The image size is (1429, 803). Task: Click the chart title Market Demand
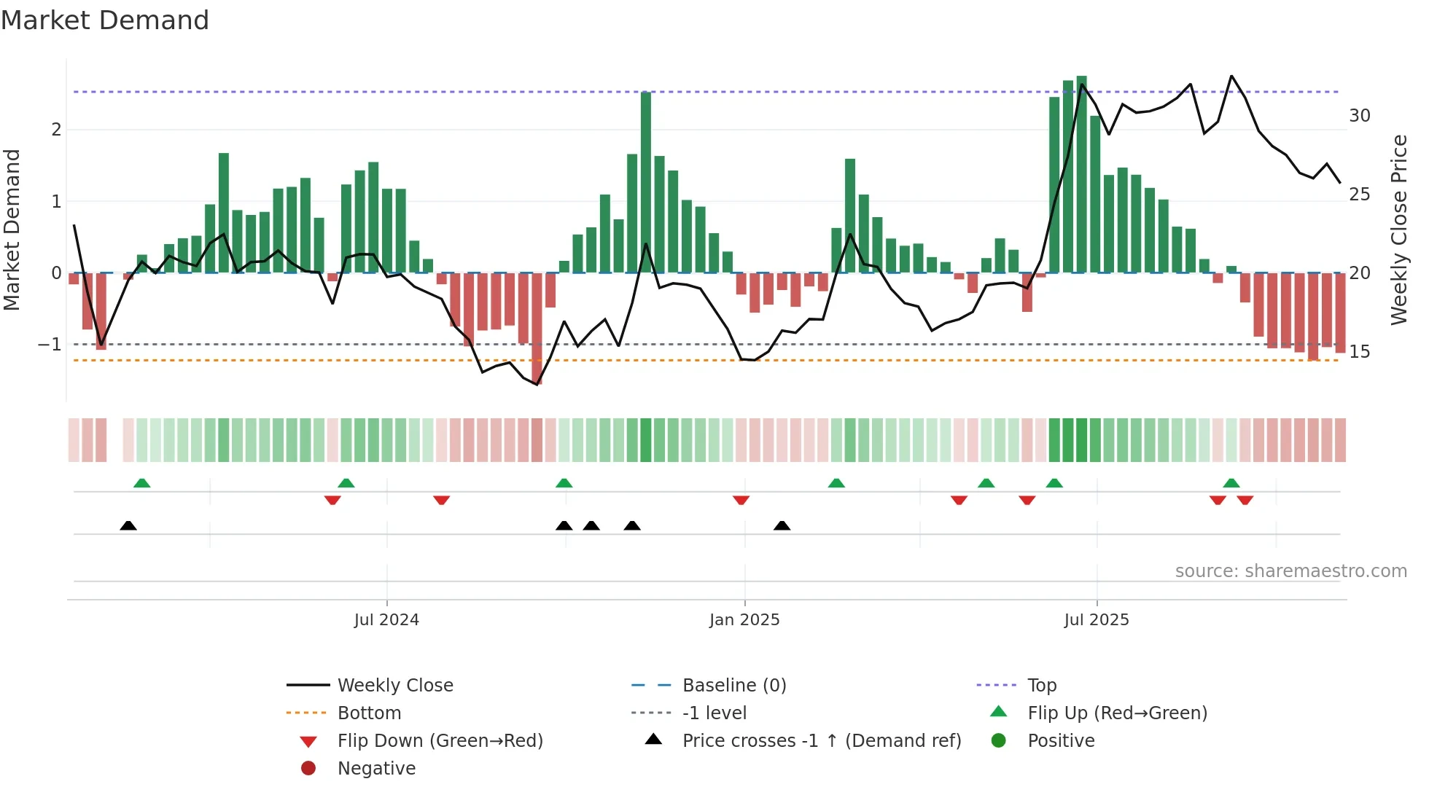(x=105, y=20)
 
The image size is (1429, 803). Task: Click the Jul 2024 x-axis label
(x=386, y=620)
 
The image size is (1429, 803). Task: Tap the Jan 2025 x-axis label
(x=744, y=620)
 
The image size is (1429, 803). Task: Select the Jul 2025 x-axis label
(x=1097, y=620)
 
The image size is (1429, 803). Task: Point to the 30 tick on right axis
(x=1360, y=116)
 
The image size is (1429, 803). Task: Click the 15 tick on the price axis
(x=1360, y=352)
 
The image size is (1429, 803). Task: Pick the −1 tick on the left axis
(x=50, y=345)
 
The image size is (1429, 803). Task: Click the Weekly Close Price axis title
(x=1399, y=230)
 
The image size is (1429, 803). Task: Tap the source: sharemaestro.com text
(x=1290, y=571)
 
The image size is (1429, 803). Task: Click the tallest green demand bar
(x=1082, y=175)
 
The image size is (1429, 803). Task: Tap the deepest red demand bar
(x=537, y=328)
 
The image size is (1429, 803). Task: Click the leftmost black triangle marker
(x=128, y=525)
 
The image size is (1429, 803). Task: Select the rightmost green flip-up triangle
(x=1231, y=483)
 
